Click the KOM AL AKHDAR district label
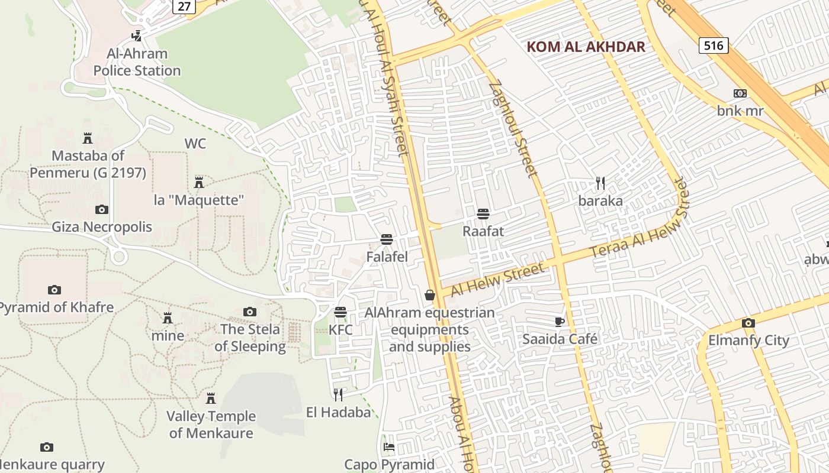[586, 47]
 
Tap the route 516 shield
[713, 46]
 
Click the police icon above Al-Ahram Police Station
[137, 35]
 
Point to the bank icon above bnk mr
[740, 93]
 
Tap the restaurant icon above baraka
[600, 183]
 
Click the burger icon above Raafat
[483, 213]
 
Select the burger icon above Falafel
[387, 239]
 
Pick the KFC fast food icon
[340, 312]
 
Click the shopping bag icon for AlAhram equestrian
[430, 294]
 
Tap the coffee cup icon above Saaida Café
[560, 322]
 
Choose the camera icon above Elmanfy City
[748, 323]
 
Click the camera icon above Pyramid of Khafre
[54, 290]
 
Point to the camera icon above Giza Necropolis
[102, 209]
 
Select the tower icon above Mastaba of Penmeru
[88, 138]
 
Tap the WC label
[195, 144]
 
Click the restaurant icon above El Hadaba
[338, 394]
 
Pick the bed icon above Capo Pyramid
[389, 447]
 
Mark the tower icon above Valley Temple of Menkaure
[211, 399]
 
